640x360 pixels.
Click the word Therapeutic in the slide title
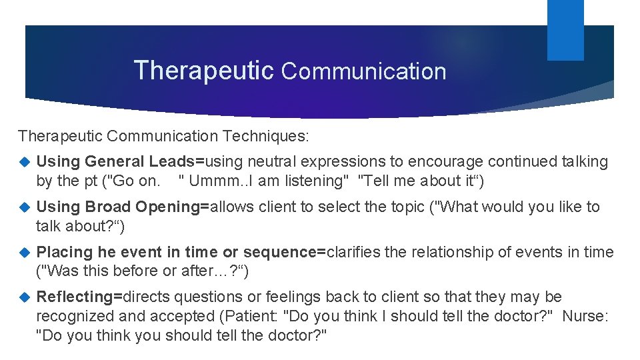(x=203, y=70)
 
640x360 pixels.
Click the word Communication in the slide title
(x=364, y=71)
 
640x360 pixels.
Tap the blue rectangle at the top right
(x=565, y=29)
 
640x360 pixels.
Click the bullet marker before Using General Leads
(x=25, y=162)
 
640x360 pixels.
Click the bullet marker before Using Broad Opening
(x=25, y=207)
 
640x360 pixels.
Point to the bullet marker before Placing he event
(x=25, y=253)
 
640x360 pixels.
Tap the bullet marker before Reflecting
(x=25, y=297)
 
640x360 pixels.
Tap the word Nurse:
(x=585, y=317)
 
